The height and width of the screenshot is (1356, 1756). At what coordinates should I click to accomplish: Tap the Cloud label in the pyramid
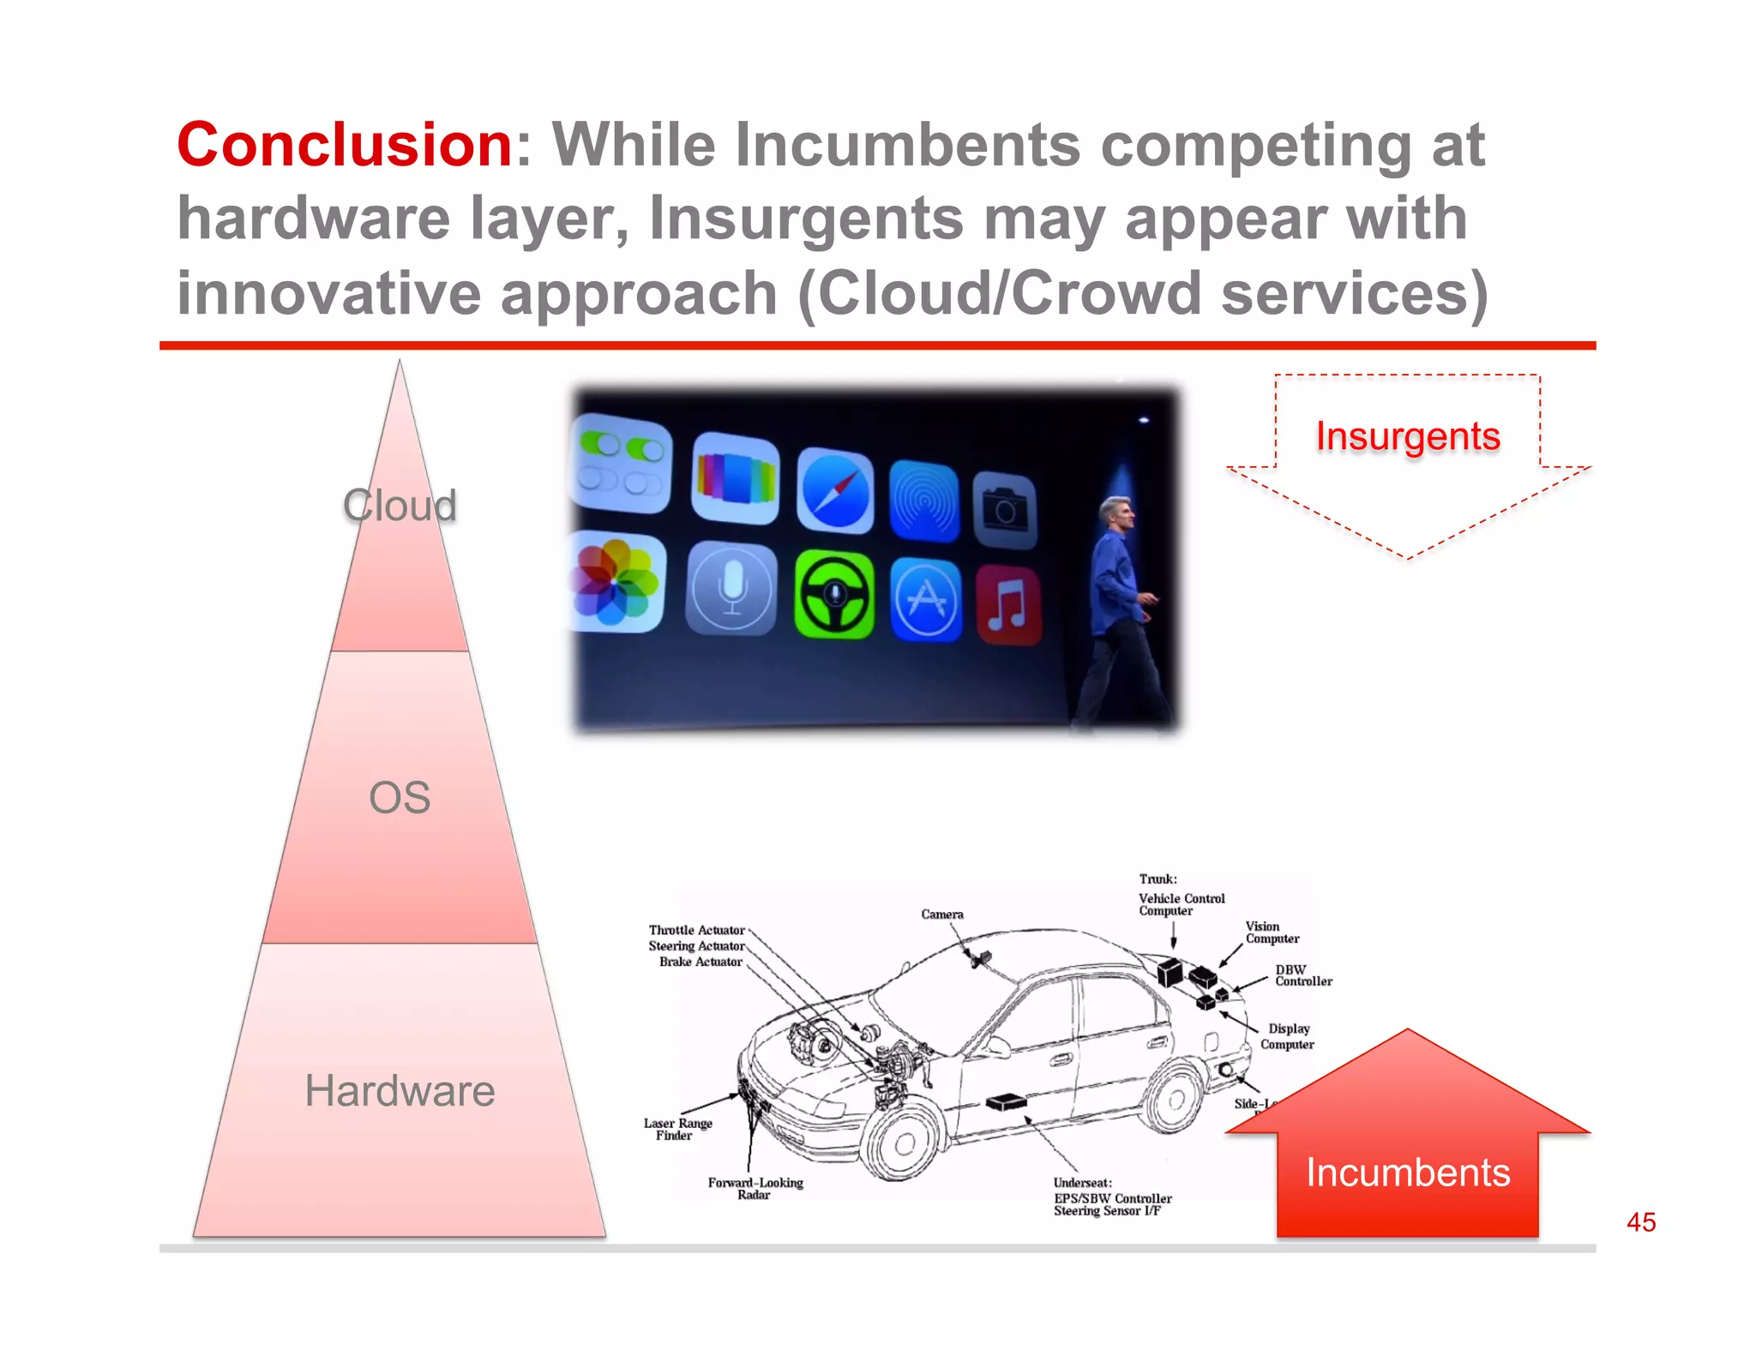(400, 505)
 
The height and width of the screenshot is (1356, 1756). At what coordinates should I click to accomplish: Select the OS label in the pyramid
(400, 798)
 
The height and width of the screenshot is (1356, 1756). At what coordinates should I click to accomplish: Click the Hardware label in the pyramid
(400, 1091)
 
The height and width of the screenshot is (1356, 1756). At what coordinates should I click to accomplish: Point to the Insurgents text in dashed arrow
(1408, 436)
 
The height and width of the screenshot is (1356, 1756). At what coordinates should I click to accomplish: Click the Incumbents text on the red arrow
(1408, 1172)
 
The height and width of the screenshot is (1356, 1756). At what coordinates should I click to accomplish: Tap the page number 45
(1640, 1222)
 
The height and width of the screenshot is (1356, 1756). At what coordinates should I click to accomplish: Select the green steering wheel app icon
(834, 595)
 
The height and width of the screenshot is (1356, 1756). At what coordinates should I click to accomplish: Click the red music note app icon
(1008, 604)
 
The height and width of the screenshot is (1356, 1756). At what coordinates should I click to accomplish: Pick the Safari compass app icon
(835, 491)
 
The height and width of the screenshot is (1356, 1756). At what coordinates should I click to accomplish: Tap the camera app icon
(1005, 510)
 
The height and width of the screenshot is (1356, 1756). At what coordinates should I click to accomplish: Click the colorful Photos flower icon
(615, 582)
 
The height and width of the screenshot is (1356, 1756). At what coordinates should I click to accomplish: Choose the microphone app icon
(731, 588)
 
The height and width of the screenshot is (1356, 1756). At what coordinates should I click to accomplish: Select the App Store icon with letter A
(925, 599)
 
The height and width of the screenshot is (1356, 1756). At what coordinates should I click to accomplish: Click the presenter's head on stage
(1116, 512)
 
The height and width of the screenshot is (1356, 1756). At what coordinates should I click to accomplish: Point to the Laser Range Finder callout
(677, 1129)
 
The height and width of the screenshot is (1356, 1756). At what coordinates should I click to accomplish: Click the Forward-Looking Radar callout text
(755, 1188)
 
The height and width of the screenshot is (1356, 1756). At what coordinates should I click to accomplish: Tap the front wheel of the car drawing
(904, 1143)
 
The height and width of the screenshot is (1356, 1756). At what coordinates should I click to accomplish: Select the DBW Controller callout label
(1302, 975)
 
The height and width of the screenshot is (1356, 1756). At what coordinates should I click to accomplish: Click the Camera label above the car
(941, 915)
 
